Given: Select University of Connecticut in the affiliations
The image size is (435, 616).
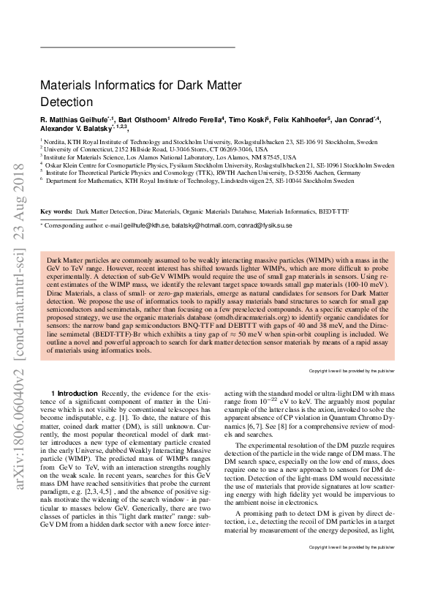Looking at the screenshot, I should (x=82, y=149).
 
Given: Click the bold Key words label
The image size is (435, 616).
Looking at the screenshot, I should (x=56, y=211).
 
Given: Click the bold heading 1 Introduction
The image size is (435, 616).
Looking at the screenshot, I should (x=75, y=394).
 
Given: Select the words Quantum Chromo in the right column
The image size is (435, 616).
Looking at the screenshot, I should (x=355, y=426).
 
